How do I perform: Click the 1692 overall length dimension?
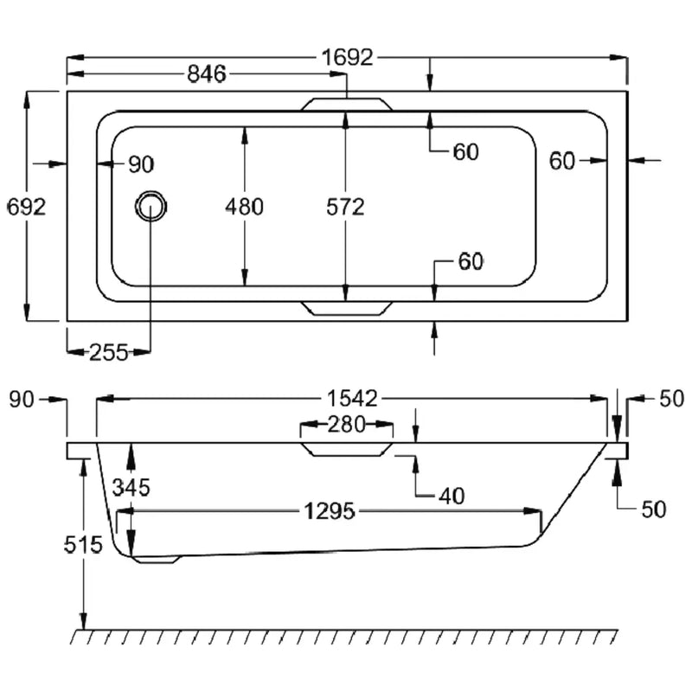tap(348, 58)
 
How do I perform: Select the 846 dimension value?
tap(207, 74)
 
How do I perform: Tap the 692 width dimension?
tap(27, 207)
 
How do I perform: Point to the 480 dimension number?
tap(244, 207)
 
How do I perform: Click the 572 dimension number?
tap(345, 207)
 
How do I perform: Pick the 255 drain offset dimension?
tap(109, 352)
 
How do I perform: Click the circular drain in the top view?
tap(151, 207)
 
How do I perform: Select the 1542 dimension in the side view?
tap(352, 399)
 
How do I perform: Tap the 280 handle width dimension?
tap(347, 425)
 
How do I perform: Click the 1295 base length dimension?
tap(330, 511)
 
